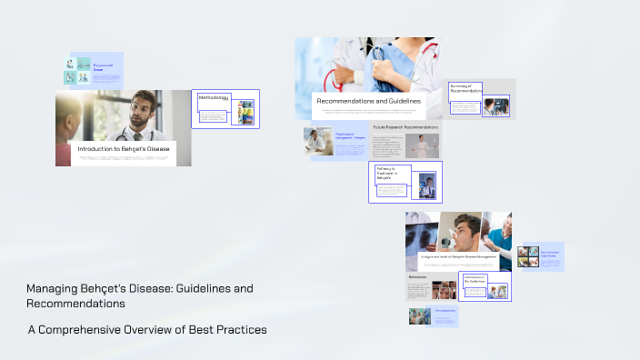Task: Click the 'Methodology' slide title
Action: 214,97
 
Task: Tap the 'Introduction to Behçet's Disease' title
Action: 123,148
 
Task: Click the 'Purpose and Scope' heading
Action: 104,66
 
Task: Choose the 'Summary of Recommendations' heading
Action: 465,89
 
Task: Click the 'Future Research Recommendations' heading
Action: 405,128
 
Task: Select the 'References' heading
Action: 417,276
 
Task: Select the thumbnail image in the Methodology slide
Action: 245,112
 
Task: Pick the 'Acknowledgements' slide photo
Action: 420,316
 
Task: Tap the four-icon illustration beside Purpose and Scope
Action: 76,71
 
